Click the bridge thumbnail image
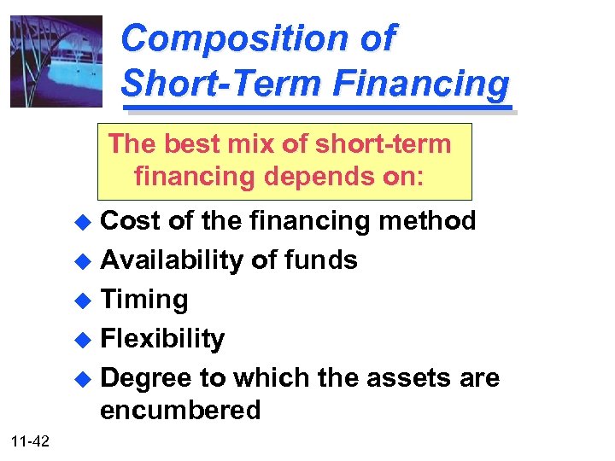(x=56, y=61)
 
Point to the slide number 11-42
(x=31, y=441)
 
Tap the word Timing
(x=144, y=300)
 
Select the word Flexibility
(x=162, y=339)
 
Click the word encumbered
(x=180, y=411)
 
